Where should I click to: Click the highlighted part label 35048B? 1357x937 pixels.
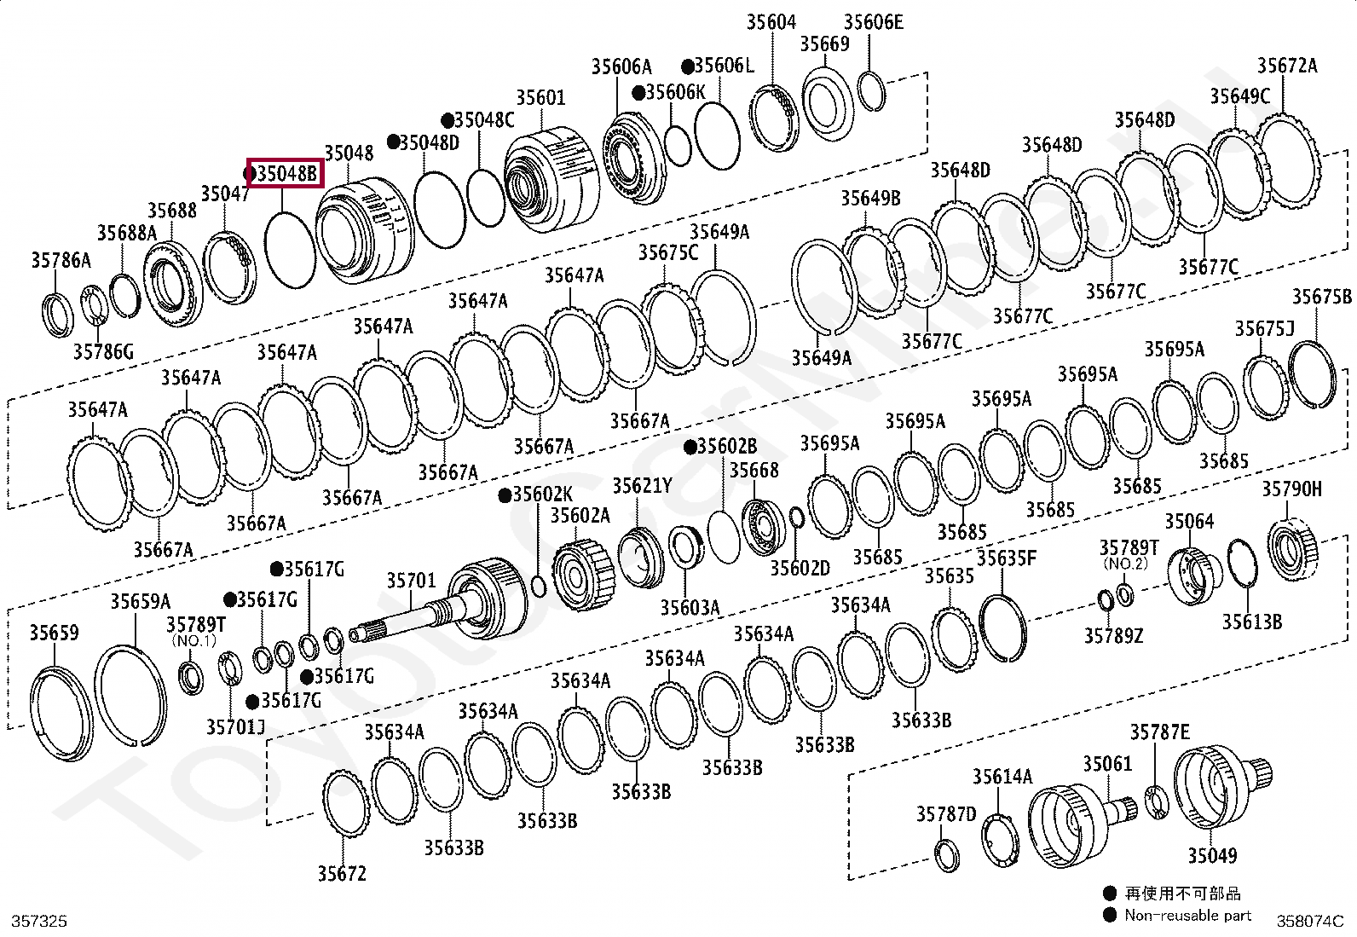[x=286, y=174]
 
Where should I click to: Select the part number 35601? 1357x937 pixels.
[x=540, y=98]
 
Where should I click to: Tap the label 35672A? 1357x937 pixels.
[x=1286, y=66]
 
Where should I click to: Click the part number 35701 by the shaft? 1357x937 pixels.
[x=411, y=581]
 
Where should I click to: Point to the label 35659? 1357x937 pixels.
[x=54, y=633]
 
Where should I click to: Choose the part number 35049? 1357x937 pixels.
[x=1211, y=855]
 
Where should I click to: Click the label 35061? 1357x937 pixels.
[x=1107, y=763]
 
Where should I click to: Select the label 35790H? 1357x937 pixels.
[x=1291, y=489]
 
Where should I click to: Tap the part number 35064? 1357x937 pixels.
[x=1189, y=521]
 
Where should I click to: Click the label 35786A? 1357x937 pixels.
[x=61, y=260]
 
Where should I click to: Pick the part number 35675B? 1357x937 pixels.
[x=1321, y=297]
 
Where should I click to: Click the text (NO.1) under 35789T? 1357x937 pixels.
[x=194, y=640]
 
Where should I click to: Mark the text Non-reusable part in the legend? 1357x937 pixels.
[x=1187, y=916]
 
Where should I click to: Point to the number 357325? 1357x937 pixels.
[x=39, y=921]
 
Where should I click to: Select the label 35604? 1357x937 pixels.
[x=771, y=22]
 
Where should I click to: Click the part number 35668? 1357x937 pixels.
[x=754, y=471]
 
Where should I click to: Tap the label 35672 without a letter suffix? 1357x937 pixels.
[x=342, y=874]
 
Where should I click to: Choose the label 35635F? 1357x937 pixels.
[x=1006, y=558]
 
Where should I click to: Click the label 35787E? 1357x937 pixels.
[x=1159, y=732]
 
